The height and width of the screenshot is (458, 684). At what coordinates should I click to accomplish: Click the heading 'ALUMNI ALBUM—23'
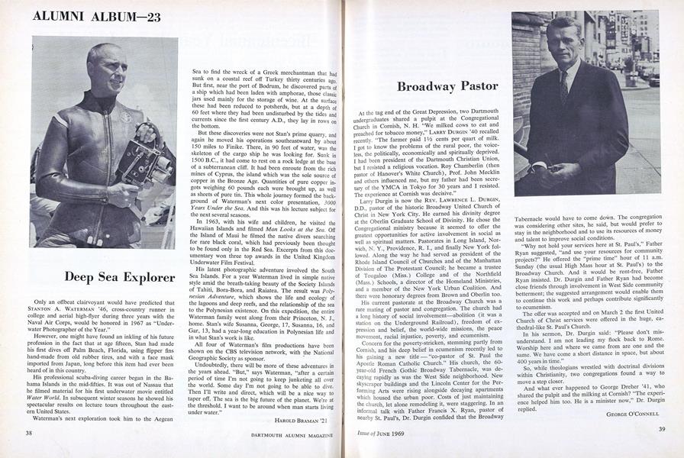point(96,16)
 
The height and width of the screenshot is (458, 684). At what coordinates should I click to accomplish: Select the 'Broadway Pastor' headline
point(447,86)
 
